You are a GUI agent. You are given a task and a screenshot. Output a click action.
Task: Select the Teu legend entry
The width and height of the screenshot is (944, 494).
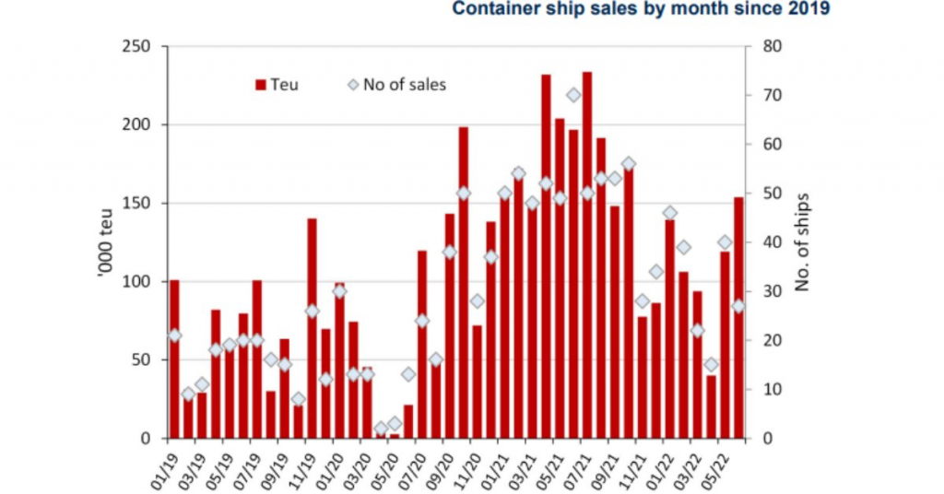(277, 85)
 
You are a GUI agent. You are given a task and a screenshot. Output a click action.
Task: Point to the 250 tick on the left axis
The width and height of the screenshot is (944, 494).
(141, 46)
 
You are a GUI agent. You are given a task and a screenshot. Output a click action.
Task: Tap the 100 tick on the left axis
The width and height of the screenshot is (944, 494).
(141, 281)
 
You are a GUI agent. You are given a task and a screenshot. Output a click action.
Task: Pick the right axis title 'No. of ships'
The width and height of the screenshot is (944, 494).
(801, 241)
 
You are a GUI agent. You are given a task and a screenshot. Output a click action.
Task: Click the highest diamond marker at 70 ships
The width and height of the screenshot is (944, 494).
(573, 95)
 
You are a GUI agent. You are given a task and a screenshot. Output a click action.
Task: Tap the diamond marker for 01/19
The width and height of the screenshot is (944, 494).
(174, 335)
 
